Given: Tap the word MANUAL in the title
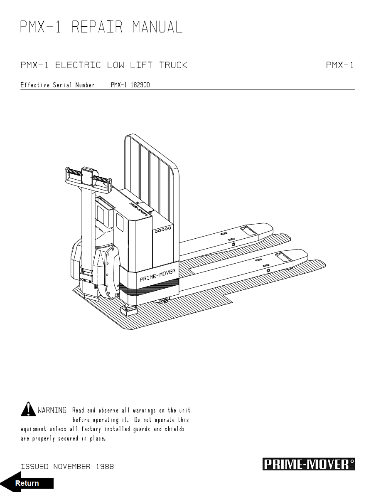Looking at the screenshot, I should (x=157, y=27).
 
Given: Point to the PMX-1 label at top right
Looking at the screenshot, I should (x=339, y=65).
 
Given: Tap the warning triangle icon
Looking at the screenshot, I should (x=28, y=409).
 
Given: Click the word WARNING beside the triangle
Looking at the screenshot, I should (x=52, y=410).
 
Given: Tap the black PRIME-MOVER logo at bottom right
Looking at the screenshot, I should (x=309, y=464).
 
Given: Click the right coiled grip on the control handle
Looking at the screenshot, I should (x=102, y=179).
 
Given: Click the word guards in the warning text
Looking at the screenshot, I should (x=142, y=429).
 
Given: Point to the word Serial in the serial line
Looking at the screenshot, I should (x=62, y=85).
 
